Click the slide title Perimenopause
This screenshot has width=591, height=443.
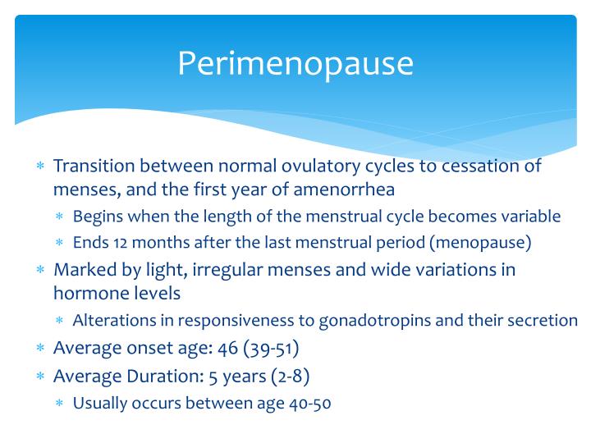(x=295, y=63)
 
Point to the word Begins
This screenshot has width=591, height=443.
(x=96, y=217)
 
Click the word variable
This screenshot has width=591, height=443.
(x=532, y=217)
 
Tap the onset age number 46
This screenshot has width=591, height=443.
(x=227, y=347)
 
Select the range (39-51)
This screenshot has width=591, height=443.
(x=271, y=347)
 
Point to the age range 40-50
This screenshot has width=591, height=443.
(x=305, y=403)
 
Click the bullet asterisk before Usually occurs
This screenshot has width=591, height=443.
(x=59, y=404)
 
